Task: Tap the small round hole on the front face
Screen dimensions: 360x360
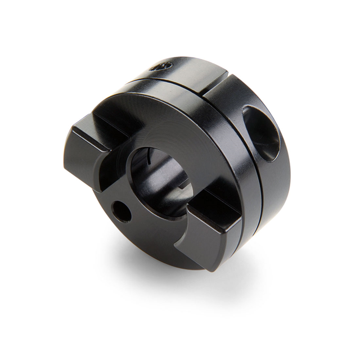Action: [121, 211]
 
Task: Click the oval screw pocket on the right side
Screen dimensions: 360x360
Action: [260, 133]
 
